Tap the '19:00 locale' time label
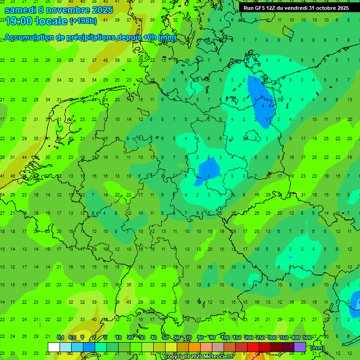36,21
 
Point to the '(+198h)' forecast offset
83,21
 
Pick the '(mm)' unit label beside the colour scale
317,348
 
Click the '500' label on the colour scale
307,337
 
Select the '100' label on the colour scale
225,337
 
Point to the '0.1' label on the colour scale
60,337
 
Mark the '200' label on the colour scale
249,337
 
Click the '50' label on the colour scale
165,337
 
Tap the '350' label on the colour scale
284,337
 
